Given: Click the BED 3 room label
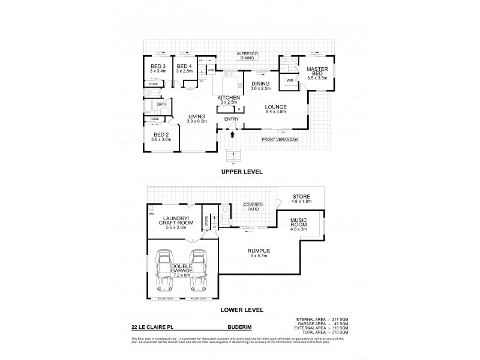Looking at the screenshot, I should click(158, 65).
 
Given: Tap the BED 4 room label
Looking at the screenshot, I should click(184, 65).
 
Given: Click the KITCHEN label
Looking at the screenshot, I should click(229, 97).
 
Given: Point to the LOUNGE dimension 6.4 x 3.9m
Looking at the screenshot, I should click(277, 112).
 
